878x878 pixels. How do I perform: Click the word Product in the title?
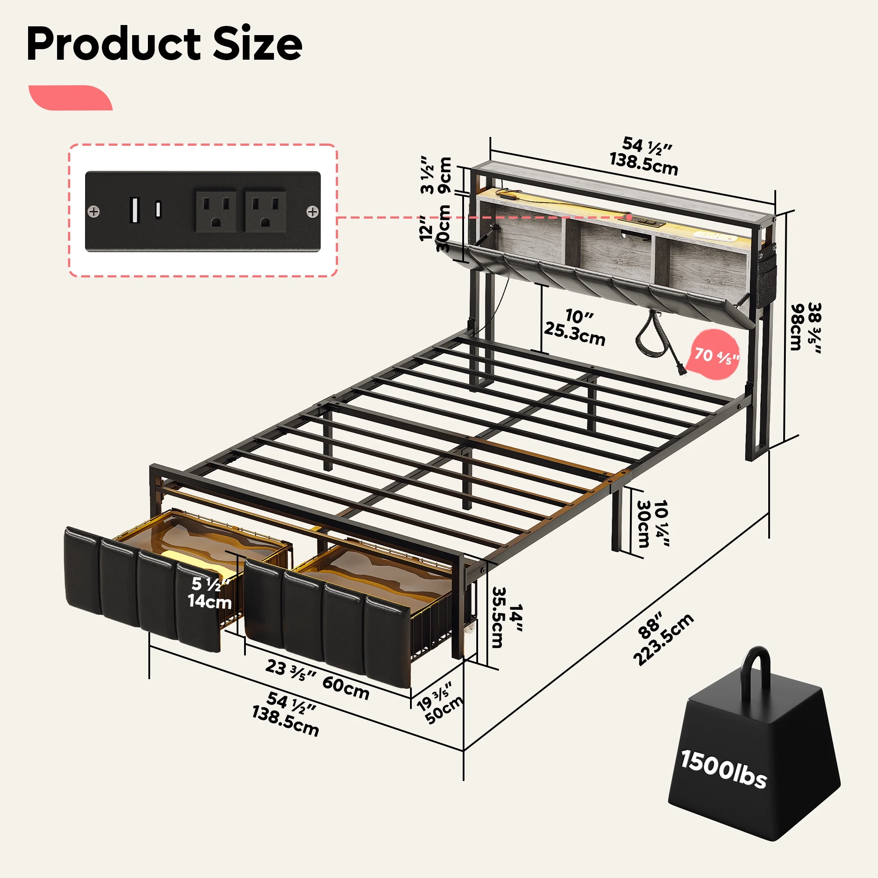(x=114, y=44)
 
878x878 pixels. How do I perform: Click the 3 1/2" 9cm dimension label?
(x=436, y=176)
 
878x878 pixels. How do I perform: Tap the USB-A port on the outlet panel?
(x=134, y=210)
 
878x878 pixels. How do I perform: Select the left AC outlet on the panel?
(x=216, y=211)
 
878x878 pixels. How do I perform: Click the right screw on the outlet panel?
(x=313, y=212)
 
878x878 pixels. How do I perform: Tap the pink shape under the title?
(x=70, y=98)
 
